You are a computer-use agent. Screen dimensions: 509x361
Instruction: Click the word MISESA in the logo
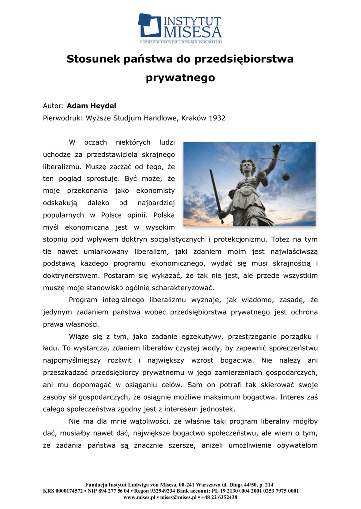click(192, 32)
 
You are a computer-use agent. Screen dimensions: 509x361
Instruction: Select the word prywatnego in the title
click(180, 78)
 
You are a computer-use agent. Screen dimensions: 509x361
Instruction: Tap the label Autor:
click(53, 105)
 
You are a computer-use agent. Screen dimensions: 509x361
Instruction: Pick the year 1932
click(217, 118)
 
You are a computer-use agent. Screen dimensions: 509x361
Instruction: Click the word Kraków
click(192, 118)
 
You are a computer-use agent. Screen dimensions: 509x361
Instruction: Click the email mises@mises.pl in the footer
click(183, 497)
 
